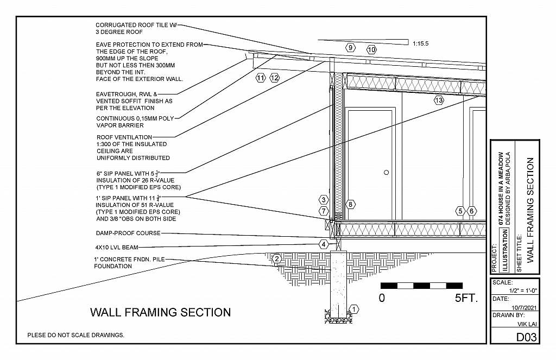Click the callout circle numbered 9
click(351, 47)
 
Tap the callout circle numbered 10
click(371, 49)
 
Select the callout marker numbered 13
click(439, 100)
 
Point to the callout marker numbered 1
click(354, 310)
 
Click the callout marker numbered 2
click(276, 258)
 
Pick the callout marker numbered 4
click(324, 244)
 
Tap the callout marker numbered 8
click(351, 204)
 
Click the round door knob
click(386, 173)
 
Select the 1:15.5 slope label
click(421, 43)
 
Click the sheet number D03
click(526, 337)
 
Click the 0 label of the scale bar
click(382, 298)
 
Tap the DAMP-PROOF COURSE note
click(128, 233)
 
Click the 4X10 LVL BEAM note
click(116, 247)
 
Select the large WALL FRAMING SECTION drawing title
click(160, 312)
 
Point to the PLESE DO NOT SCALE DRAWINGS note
click(76, 335)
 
